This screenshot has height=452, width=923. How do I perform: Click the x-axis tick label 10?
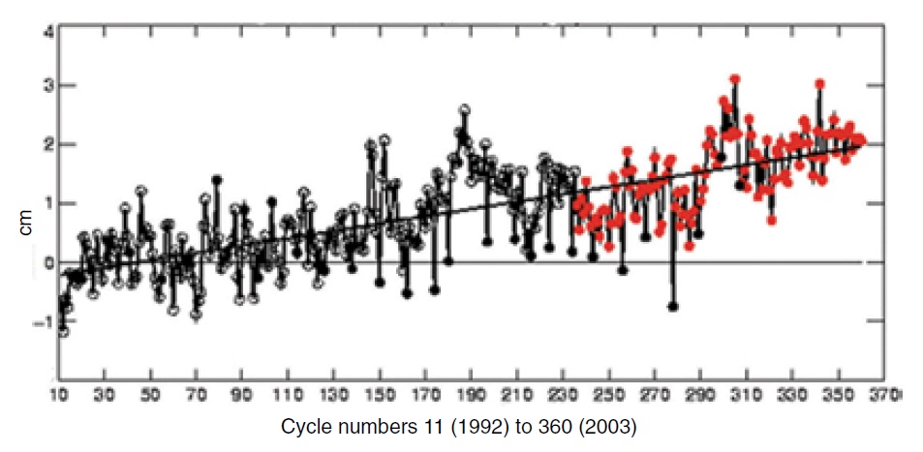coord(59,395)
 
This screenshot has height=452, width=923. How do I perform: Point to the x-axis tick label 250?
coord(612,395)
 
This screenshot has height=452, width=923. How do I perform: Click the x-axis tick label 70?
coord(197,395)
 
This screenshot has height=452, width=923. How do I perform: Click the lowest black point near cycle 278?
coord(673,306)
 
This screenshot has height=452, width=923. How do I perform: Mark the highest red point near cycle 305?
coord(735,79)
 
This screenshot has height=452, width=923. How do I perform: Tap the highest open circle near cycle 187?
coord(465,109)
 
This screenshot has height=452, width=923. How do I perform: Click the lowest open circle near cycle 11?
coord(63,331)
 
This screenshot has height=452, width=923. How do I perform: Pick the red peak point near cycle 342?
coord(819,84)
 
